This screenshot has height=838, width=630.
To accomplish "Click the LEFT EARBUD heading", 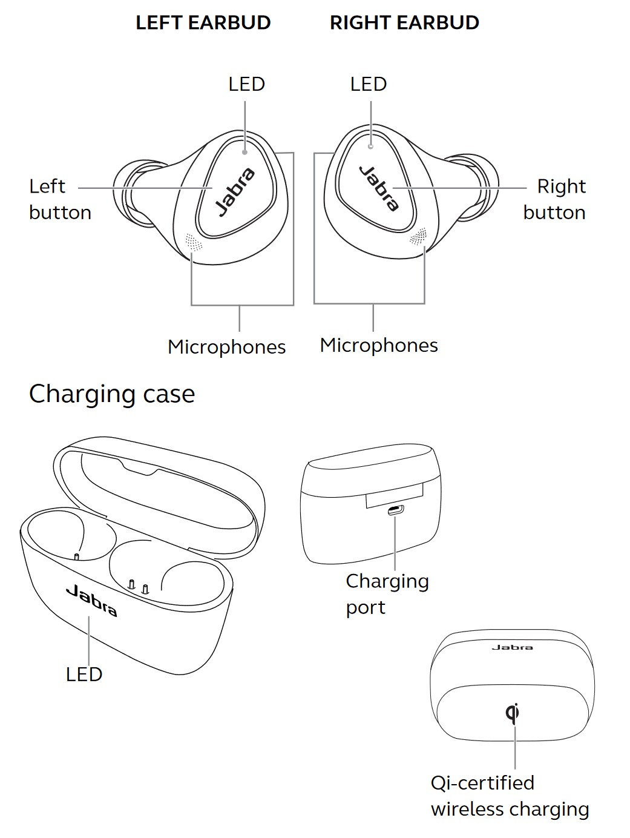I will pos(203,23).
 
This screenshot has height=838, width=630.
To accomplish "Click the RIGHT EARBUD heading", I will pos(404,23).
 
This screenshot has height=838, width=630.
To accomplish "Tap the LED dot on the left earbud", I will pos(244,152).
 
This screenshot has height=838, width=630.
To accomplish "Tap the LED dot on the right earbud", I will pos(371,146).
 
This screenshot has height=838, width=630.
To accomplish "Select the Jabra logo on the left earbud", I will pos(236,191).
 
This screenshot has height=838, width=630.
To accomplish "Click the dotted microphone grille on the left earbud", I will pos(192,242).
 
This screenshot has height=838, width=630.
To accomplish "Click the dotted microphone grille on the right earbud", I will pos(418,237).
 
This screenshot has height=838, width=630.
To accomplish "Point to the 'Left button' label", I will pos(59,199).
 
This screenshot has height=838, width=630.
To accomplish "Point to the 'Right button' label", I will pos(555,199).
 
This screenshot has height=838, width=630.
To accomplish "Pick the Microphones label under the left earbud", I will pos(226,347).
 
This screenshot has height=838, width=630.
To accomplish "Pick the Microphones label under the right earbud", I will pos(379,345).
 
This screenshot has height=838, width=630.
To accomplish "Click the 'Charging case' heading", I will pos(112,394).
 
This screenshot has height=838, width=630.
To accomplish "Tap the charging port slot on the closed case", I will pos(396,510).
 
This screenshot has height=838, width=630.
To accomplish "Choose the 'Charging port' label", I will pos(387,593).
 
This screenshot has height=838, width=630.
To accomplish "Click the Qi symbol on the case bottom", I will pos(513,713).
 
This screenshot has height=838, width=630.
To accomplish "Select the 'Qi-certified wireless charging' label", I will pos(510,796).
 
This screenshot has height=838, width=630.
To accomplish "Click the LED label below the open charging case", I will pos(84,674).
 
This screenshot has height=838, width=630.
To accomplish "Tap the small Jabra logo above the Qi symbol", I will pos(512,647).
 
